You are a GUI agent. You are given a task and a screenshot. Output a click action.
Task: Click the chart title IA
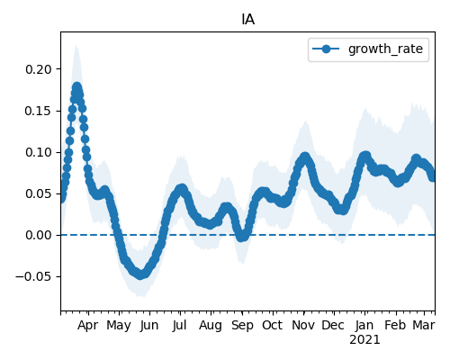248,20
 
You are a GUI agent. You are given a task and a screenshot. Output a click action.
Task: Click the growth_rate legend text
385,49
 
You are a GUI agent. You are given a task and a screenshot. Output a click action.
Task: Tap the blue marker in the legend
326,49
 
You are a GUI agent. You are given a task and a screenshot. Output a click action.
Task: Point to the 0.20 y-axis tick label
39,69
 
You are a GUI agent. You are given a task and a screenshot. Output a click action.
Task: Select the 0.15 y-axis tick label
39,111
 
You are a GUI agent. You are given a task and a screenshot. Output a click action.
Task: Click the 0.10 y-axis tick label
39,152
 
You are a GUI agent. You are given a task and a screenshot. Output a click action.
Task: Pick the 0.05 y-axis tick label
39,193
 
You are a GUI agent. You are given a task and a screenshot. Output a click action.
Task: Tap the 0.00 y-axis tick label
39,235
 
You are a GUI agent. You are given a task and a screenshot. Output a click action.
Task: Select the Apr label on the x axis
87,326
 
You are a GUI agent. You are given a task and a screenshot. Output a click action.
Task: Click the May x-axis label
119,326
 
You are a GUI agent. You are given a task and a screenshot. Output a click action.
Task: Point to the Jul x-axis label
180,325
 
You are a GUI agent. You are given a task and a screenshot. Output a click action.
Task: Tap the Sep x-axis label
242,326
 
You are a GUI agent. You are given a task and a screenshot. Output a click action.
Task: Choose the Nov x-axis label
303,325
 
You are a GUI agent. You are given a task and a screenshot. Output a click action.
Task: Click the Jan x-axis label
364,325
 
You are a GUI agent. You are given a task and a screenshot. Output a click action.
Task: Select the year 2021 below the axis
364,340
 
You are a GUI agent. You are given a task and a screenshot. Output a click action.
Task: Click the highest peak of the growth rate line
77,87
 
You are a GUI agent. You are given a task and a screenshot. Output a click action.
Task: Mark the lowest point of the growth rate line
140,274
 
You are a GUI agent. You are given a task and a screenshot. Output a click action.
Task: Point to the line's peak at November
305,157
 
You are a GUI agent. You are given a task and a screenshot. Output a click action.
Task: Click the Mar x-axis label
424,325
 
